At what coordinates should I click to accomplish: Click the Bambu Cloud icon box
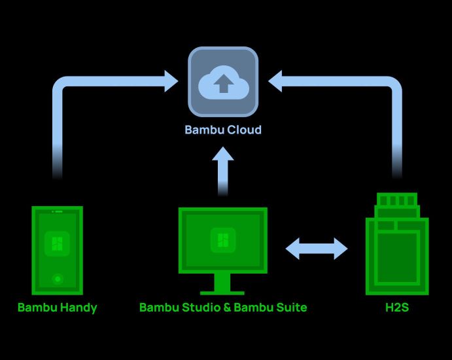pyautogui.click(x=223, y=81)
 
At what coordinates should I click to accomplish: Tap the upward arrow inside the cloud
pyautogui.click(x=223, y=84)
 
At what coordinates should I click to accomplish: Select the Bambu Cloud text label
pyautogui.click(x=223, y=130)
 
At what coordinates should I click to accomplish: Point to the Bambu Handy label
pyautogui.click(x=57, y=307)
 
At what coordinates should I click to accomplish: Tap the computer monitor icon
pyautogui.click(x=223, y=242)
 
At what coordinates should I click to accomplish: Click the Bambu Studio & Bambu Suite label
pyautogui.click(x=223, y=307)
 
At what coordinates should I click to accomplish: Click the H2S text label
pyautogui.click(x=396, y=307)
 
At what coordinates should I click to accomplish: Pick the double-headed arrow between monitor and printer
pyautogui.click(x=317, y=248)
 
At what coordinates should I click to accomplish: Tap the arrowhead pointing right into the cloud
pyautogui.click(x=171, y=82)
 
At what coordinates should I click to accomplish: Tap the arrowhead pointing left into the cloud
pyautogui.click(x=275, y=82)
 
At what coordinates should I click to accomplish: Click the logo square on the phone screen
pyautogui.click(x=58, y=245)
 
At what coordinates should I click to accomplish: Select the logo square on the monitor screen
pyautogui.click(x=223, y=240)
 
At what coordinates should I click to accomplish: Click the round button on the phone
pyautogui.click(x=58, y=279)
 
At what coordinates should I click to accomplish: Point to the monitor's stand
pyautogui.click(x=223, y=285)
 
